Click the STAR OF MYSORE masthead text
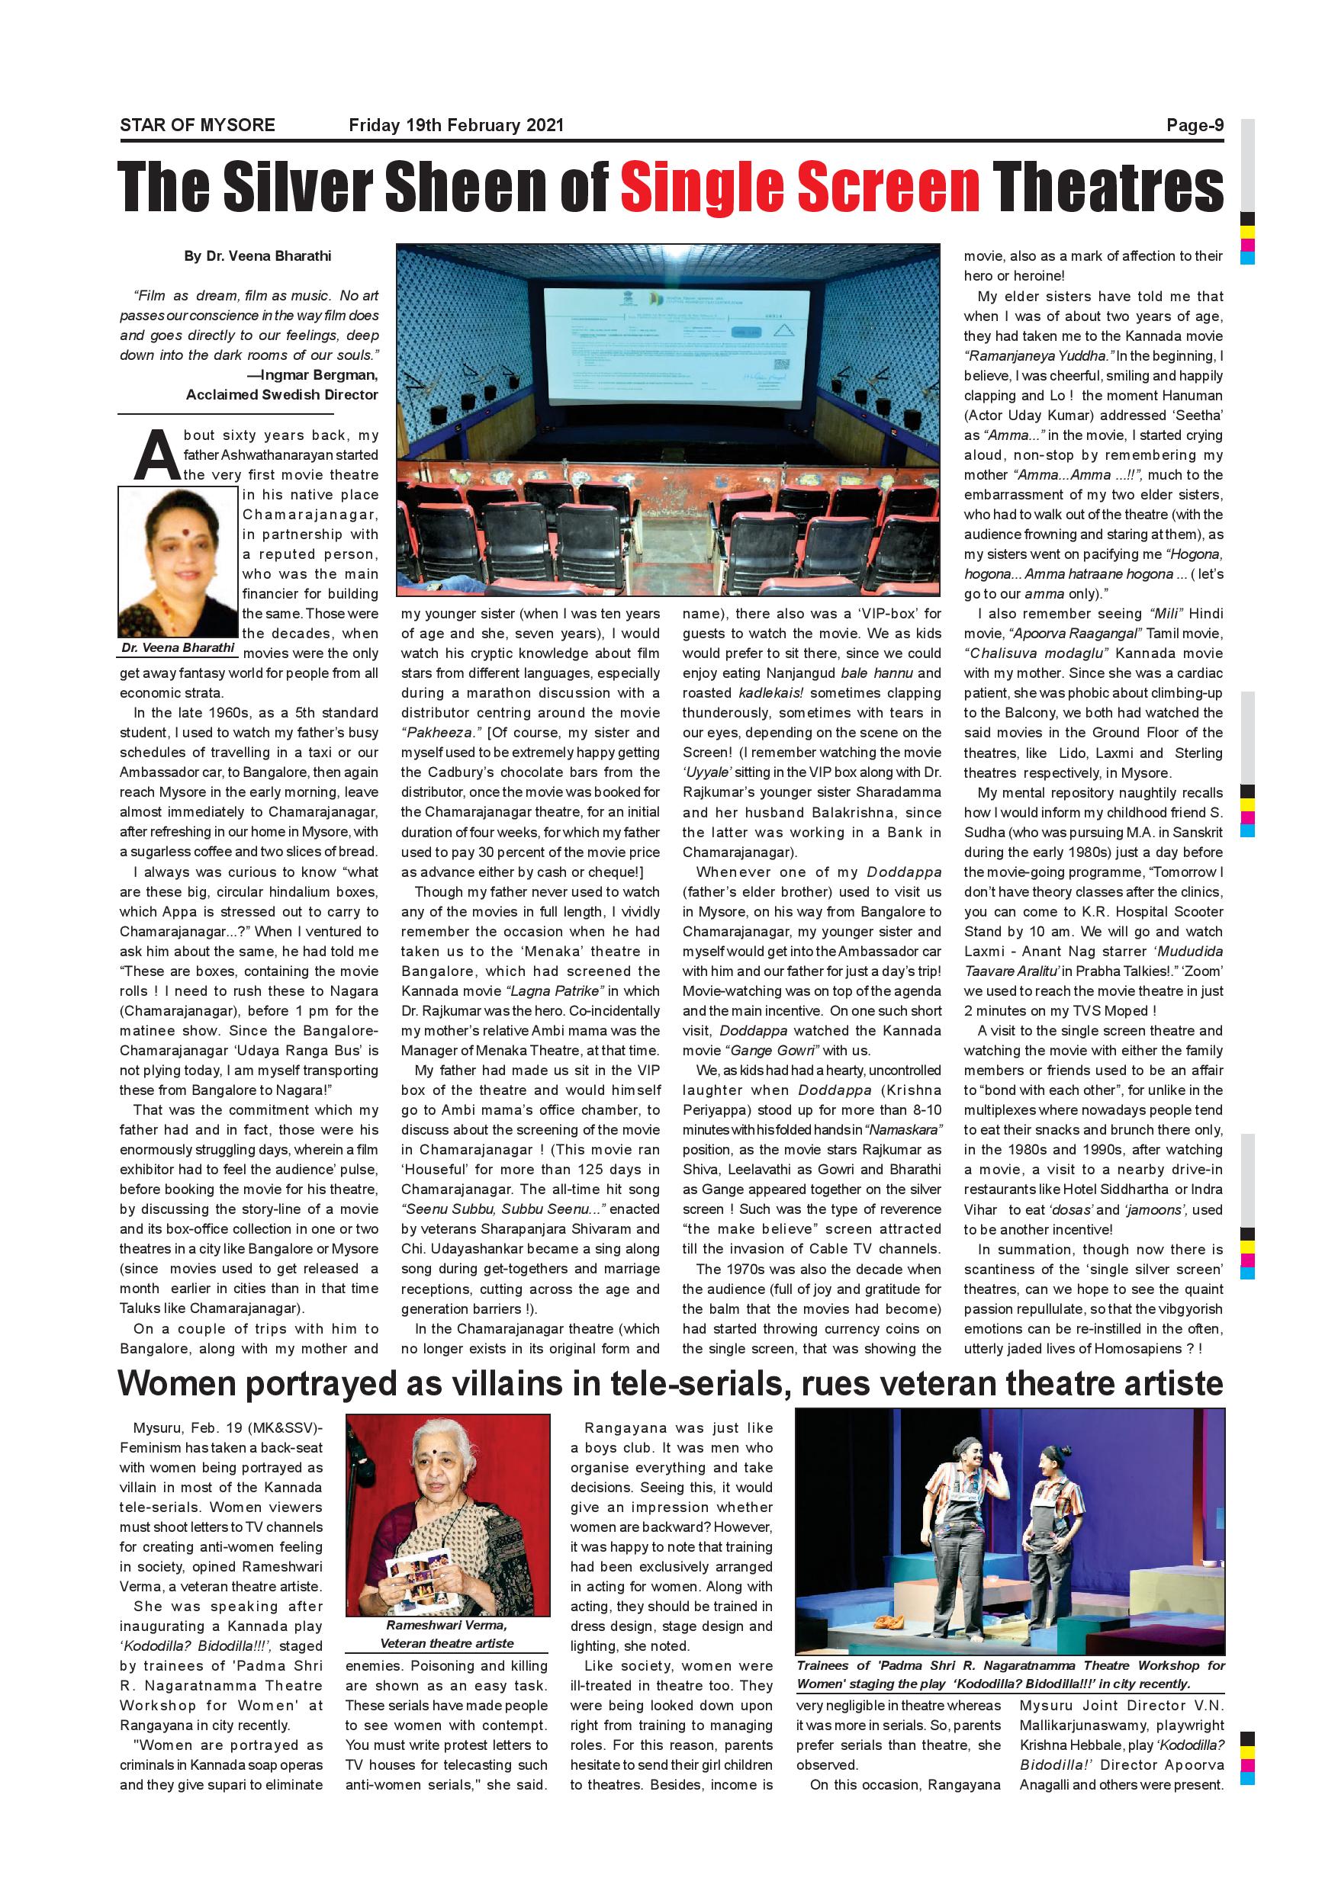(x=197, y=125)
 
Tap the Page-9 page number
(x=1195, y=125)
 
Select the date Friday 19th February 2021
(x=455, y=125)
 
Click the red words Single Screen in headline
(x=799, y=186)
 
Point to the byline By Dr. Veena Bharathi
(x=257, y=256)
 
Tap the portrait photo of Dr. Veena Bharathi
(x=178, y=562)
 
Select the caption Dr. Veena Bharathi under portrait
(x=178, y=647)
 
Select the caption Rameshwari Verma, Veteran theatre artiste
(x=446, y=1634)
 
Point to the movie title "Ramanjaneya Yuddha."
(x=1038, y=356)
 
